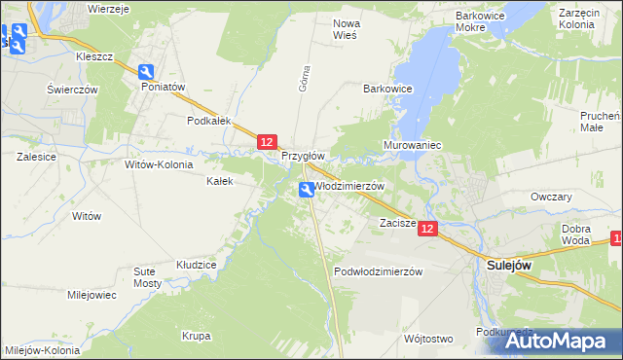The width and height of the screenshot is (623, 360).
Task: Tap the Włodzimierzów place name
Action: pyautogui.click(x=350, y=186)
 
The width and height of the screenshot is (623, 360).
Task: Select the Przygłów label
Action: pyautogui.click(x=302, y=156)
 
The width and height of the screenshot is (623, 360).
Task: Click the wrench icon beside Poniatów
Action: pyautogui.click(x=146, y=72)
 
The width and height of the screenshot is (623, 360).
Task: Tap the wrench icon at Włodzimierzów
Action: pyautogui.click(x=307, y=192)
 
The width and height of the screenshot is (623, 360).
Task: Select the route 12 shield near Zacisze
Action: pyautogui.click(x=430, y=228)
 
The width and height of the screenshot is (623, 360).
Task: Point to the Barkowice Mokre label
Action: pyautogui.click(x=484, y=23)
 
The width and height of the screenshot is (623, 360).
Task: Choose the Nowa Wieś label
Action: pyautogui.click(x=346, y=28)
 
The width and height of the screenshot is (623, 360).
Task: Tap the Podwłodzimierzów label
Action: pyautogui.click(x=379, y=271)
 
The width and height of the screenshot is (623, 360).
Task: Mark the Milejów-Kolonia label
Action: pyautogui.click(x=42, y=350)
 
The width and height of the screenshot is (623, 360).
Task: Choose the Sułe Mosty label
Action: pyautogui.click(x=147, y=276)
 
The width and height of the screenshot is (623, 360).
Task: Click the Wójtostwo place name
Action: pyautogui.click(x=428, y=339)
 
